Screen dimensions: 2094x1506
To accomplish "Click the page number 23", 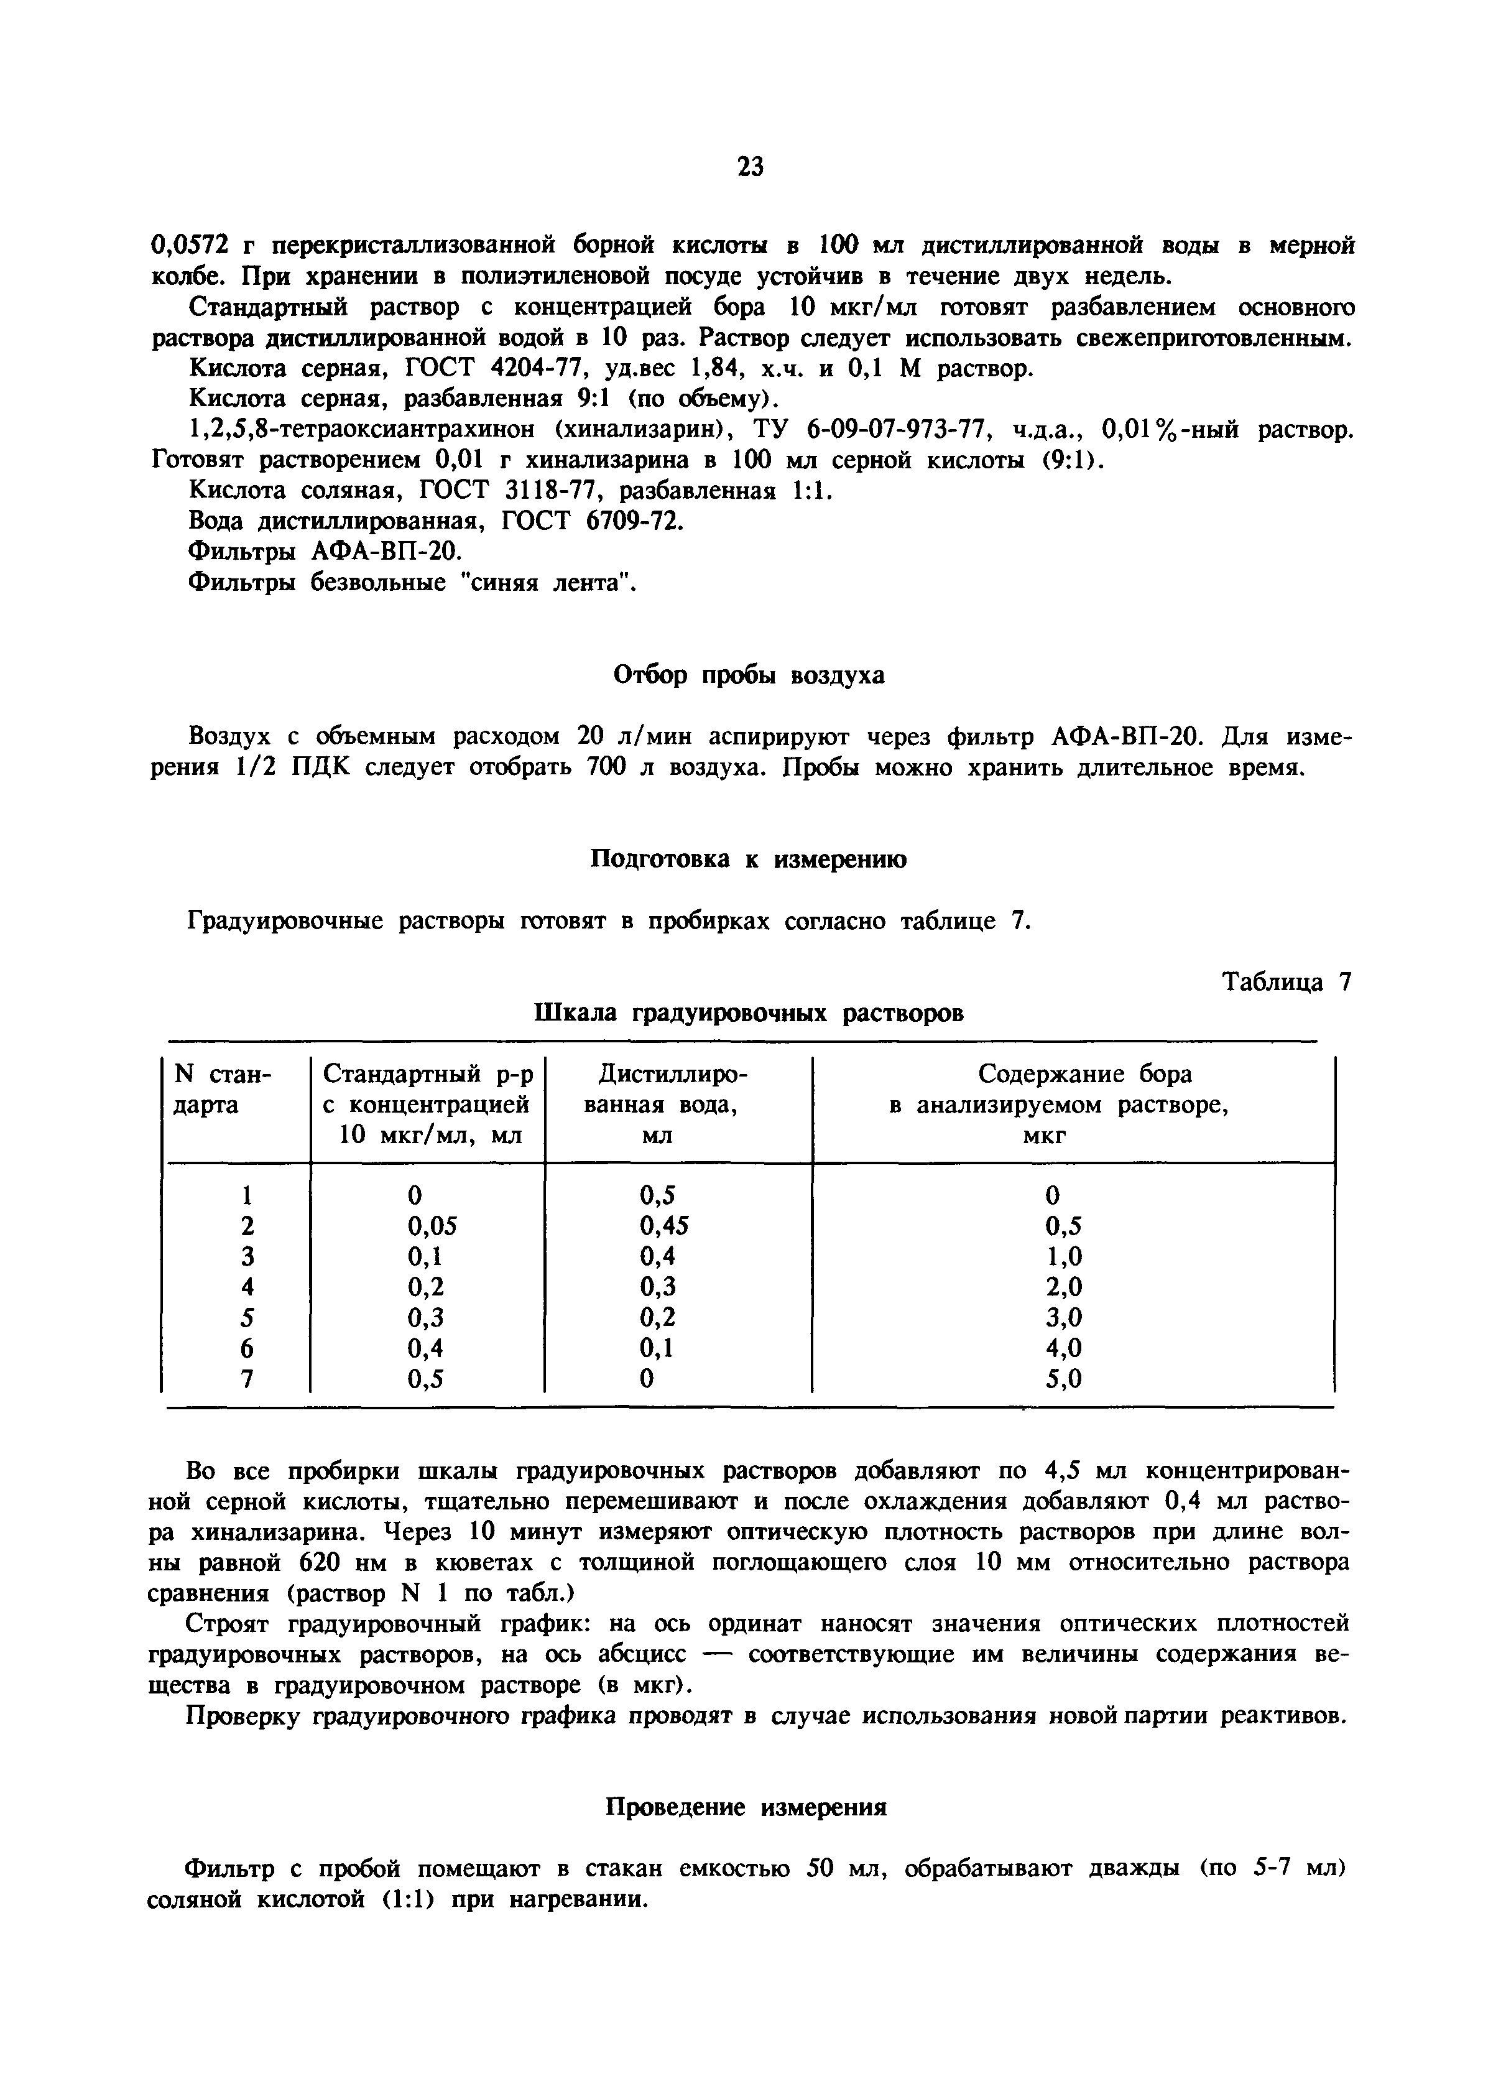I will tap(751, 166).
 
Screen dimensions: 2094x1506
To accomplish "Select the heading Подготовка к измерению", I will tap(748, 859).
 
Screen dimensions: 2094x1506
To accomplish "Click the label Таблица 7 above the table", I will tap(1287, 983).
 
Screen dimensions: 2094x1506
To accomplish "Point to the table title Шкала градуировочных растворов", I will tap(749, 1013).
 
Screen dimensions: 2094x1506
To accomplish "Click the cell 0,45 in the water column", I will tap(664, 1225).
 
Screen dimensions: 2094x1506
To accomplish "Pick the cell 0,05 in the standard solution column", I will tap(432, 1225).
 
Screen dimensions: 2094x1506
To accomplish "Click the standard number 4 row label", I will tap(246, 1287).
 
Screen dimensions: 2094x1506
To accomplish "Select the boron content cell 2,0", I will tap(1064, 1287).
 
